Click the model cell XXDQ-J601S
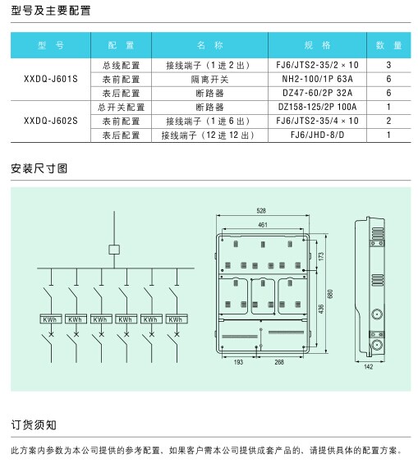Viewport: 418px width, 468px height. click(50, 79)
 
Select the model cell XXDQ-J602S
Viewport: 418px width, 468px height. click(50, 121)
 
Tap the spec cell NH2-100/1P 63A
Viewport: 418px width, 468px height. click(317, 79)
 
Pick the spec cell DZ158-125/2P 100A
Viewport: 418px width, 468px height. click(317, 107)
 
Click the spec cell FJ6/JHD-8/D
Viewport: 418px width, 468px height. click(317, 135)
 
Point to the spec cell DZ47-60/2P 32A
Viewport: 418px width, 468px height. click(317, 93)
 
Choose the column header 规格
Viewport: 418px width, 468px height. click(317, 45)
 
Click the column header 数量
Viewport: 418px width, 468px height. click(388, 45)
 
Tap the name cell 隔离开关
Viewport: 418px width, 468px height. click(209, 80)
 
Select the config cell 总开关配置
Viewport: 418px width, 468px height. click(121, 108)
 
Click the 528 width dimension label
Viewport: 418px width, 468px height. click(261, 211)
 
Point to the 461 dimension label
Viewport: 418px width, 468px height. click(263, 224)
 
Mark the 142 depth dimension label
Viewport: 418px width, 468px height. click(369, 366)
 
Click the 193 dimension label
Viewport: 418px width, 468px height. click(238, 362)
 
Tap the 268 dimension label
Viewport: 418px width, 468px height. click(279, 362)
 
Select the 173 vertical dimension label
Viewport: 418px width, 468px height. click(321, 256)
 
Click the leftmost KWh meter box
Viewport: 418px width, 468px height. click(51, 319)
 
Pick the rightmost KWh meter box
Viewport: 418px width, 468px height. click(177, 319)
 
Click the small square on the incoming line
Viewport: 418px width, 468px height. click(114, 250)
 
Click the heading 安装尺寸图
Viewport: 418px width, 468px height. click(39, 168)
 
